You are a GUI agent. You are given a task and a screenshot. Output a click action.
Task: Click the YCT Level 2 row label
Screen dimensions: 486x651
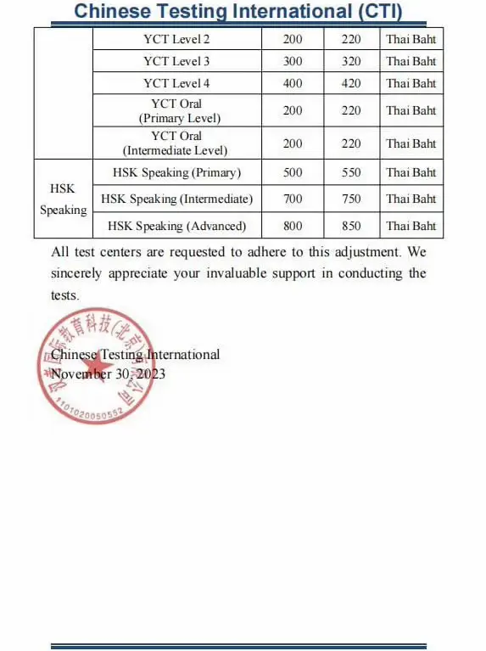(x=176, y=39)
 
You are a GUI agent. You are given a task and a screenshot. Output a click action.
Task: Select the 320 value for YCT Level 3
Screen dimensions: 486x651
(x=351, y=61)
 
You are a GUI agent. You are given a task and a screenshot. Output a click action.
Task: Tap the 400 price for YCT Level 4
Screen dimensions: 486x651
(x=293, y=83)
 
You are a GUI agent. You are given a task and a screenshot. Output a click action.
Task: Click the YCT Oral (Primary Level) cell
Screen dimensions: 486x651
(x=176, y=110)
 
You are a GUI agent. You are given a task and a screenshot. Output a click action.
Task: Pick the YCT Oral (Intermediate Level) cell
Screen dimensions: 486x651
(x=176, y=143)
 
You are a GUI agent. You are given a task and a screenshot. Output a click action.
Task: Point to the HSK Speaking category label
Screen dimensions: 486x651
(x=63, y=199)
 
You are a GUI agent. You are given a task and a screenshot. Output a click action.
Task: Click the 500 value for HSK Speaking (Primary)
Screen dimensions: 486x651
(x=293, y=172)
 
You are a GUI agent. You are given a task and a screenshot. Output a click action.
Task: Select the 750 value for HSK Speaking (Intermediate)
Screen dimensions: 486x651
(x=351, y=199)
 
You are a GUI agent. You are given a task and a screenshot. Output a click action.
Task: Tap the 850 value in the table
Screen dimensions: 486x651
(x=351, y=226)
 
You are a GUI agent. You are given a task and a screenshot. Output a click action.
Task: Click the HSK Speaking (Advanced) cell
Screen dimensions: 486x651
(x=176, y=226)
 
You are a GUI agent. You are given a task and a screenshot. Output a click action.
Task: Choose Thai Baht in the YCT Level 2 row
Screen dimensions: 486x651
(x=411, y=39)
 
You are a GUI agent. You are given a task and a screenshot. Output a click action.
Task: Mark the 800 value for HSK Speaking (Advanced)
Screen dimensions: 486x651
(x=293, y=226)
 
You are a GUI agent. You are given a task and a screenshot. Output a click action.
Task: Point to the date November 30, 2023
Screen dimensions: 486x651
(x=108, y=373)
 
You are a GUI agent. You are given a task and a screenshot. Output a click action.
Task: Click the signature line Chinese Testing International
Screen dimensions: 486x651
(x=136, y=355)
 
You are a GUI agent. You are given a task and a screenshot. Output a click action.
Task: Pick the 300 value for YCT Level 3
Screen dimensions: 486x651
(x=293, y=61)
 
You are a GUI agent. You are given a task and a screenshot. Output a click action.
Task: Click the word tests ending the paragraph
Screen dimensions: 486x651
(x=64, y=295)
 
